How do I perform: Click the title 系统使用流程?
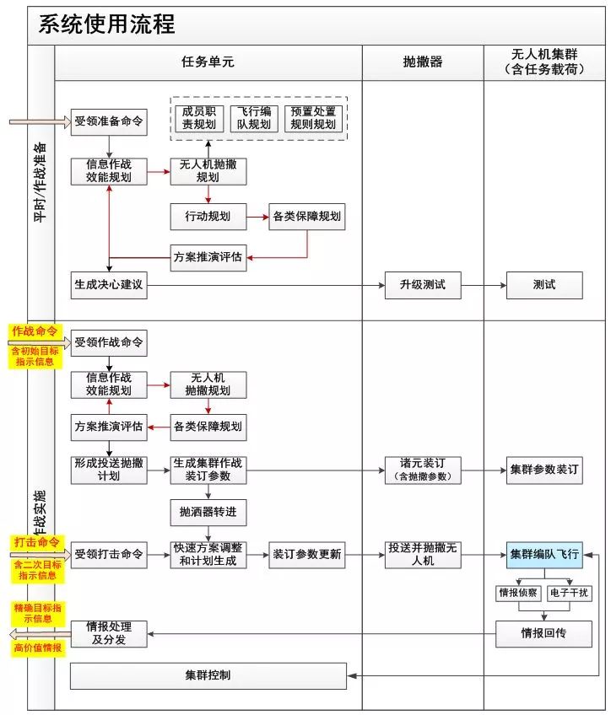pyautogui.click(x=106, y=24)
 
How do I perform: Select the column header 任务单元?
pyautogui.click(x=208, y=62)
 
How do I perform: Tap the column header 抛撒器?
pyautogui.click(x=422, y=62)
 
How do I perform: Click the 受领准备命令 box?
pyautogui.click(x=108, y=121)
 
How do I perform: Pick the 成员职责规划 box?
pyautogui.click(x=198, y=117)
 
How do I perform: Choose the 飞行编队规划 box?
pyautogui.click(x=253, y=117)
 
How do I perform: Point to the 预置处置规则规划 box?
pyautogui.click(x=312, y=117)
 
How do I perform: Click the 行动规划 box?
pyautogui.click(x=208, y=216)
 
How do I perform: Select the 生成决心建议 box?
pyautogui.click(x=108, y=285)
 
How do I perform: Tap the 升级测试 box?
pyautogui.click(x=422, y=285)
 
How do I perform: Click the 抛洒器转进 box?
pyautogui.click(x=208, y=512)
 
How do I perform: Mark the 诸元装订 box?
pyautogui.click(x=422, y=470)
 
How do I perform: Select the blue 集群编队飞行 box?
pyautogui.click(x=544, y=554)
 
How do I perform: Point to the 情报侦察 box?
pyautogui.click(x=517, y=593)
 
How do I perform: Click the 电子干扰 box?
pyautogui.click(x=570, y=593)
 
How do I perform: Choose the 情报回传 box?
pyautogui.click(x=544, y=633)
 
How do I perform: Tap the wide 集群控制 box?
pyautogui.click(x=208, y=675)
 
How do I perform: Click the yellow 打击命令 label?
pyautogui.click(x=36, y=541)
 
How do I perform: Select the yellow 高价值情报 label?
pyautogui.click(x=36, y=648)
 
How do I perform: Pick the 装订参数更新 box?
pyautogui.click(x=307, y=554)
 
